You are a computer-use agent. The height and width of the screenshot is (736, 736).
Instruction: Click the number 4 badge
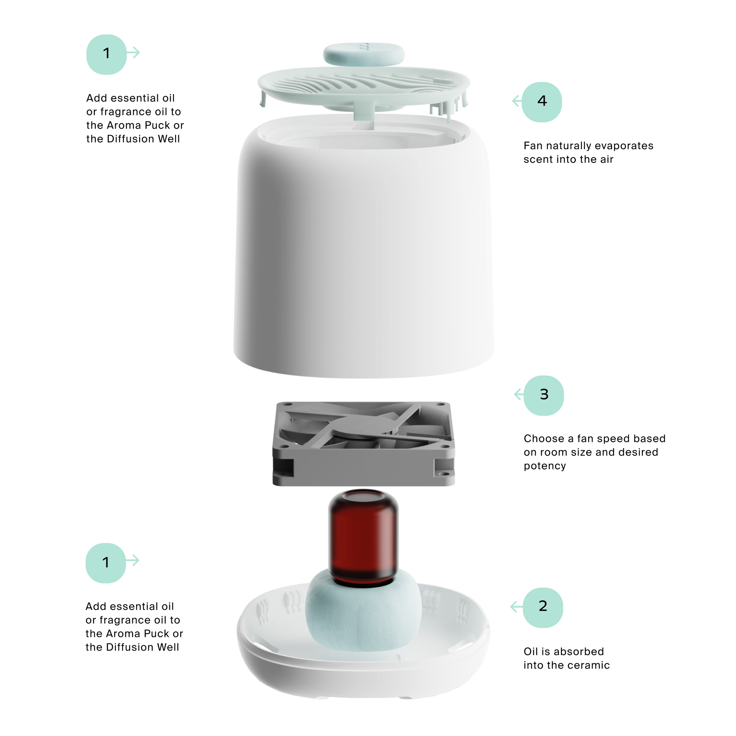pyautogui.click(x=541, y=102)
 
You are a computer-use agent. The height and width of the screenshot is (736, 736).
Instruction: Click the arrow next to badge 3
pyautogui.click(x=519, y=394)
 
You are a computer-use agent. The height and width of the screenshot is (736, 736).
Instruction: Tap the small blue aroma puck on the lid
pyautogui.click(x=364, y=54)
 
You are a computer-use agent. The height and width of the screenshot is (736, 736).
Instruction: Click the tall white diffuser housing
pyautogui.click(x=364, y=248)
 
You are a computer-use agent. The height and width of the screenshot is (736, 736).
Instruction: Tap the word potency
pyautogui.click(x=545, y=466)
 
